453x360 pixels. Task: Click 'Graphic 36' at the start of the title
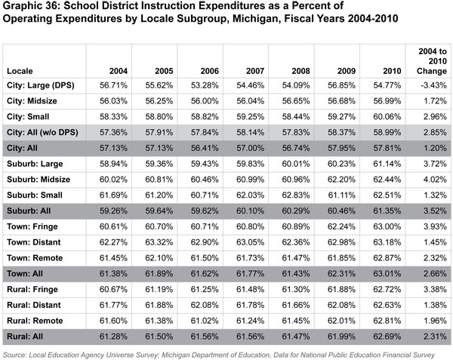pyautogui.click(x=29, y=10)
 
